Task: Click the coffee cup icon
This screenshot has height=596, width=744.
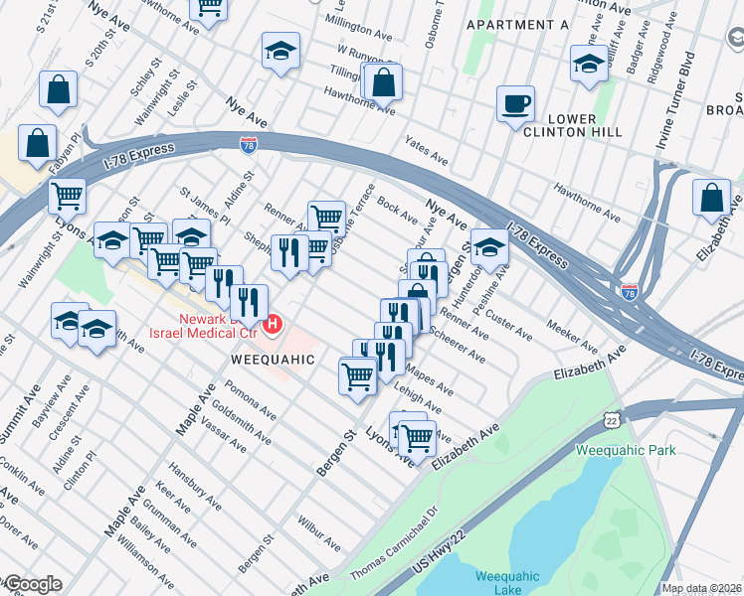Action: click(515, 104)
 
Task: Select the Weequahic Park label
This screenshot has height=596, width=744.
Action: click(626, 450)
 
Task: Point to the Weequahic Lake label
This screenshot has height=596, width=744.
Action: click(507, 582)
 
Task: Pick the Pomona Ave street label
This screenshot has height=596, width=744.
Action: click(250, 398)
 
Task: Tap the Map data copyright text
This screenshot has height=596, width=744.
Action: click(701, 588)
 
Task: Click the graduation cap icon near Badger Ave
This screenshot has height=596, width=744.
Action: click(589, 65)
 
